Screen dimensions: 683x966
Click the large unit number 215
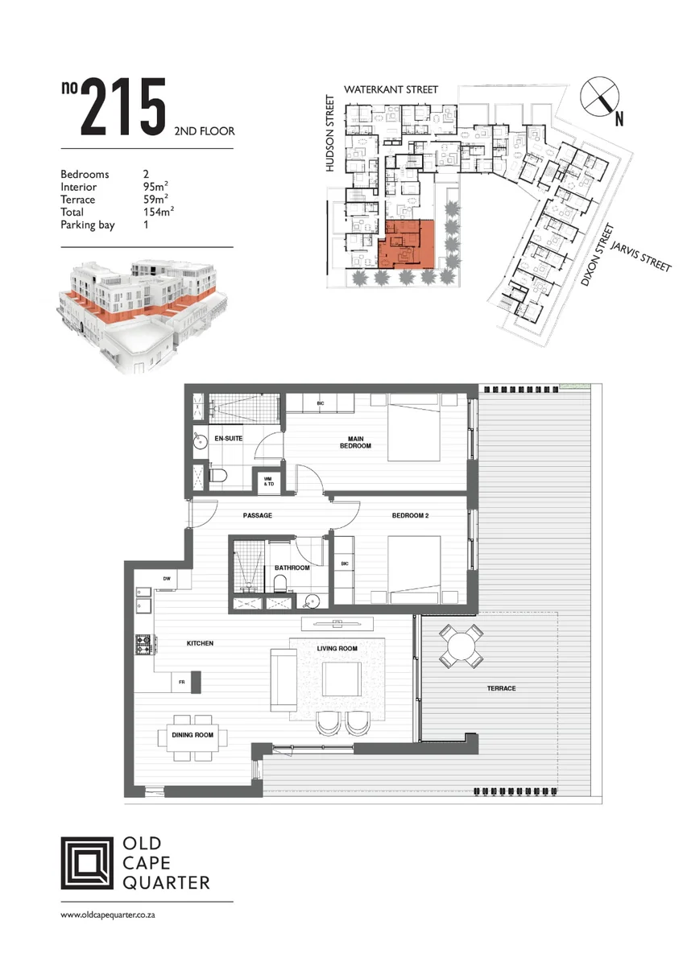[x=123, y=107]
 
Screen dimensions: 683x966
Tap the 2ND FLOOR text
[x=205, y=131]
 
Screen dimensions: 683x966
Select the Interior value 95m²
[x=155, y=186]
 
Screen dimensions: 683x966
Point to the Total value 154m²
[x=159, y=211]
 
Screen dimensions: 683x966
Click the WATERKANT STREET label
[x=391, y=89]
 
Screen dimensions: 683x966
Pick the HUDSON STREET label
[x=330, y=134]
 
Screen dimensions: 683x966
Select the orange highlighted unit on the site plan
[x=406, y=244]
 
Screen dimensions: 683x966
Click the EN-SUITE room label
[x=228, y=439]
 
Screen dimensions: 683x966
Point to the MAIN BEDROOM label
[x=355, y=443]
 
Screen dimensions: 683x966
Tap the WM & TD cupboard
[x=268, y=481]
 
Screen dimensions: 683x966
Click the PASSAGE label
[x=258, y=515]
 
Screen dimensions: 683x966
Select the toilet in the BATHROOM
[x=280, y=584]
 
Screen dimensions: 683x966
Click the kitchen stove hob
[x=144, y=644]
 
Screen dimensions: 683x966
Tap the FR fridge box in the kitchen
[x=182, y=682]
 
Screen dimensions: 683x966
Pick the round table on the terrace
[x=461, y=646]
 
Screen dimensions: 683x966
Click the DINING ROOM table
[x=192, y=735]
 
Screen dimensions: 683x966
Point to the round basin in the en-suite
[x=200, y=442]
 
